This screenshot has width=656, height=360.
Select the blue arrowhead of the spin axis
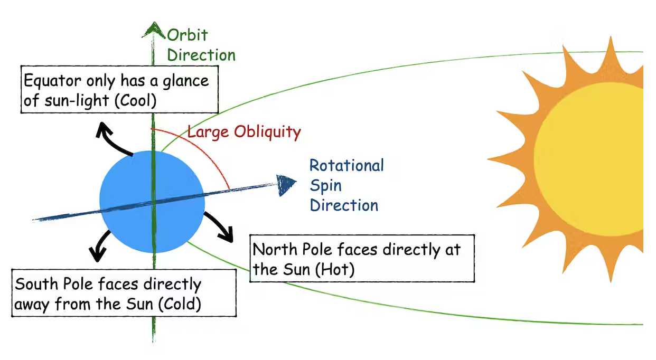pyautogui.click(x=286, y=184)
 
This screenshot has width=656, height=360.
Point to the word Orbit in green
pyautogui.click(x=188, y=35)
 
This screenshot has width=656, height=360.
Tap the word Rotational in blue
pyautogui.click(x=346, y=165)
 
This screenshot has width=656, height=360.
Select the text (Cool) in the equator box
pyautogui.click(x=138, y=100)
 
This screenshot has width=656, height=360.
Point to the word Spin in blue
pyautogui.click(x=325, y=185)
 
